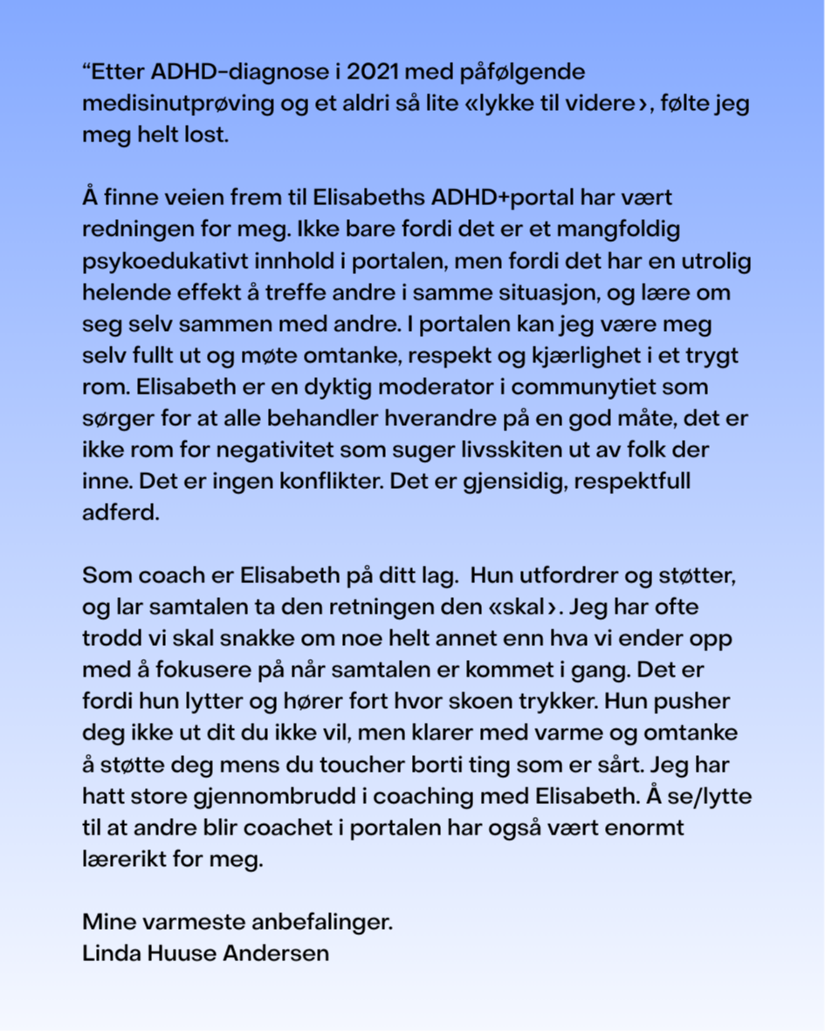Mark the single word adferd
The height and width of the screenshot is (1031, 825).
pos(121,513)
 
